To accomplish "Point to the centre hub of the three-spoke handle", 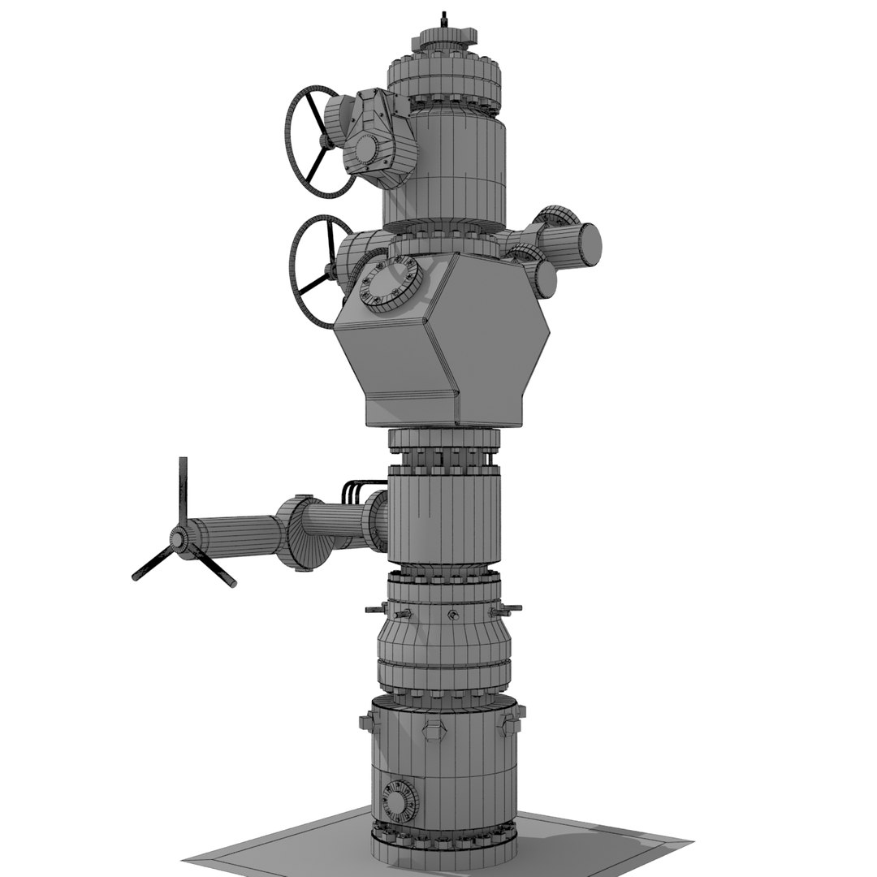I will (179, 539).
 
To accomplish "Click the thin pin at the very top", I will (443, 19).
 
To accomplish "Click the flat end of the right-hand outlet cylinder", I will (590, 241).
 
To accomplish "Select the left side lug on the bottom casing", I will (367, 722).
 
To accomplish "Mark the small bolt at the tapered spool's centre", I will (451, 614).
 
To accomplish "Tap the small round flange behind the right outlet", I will (553, 217).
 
